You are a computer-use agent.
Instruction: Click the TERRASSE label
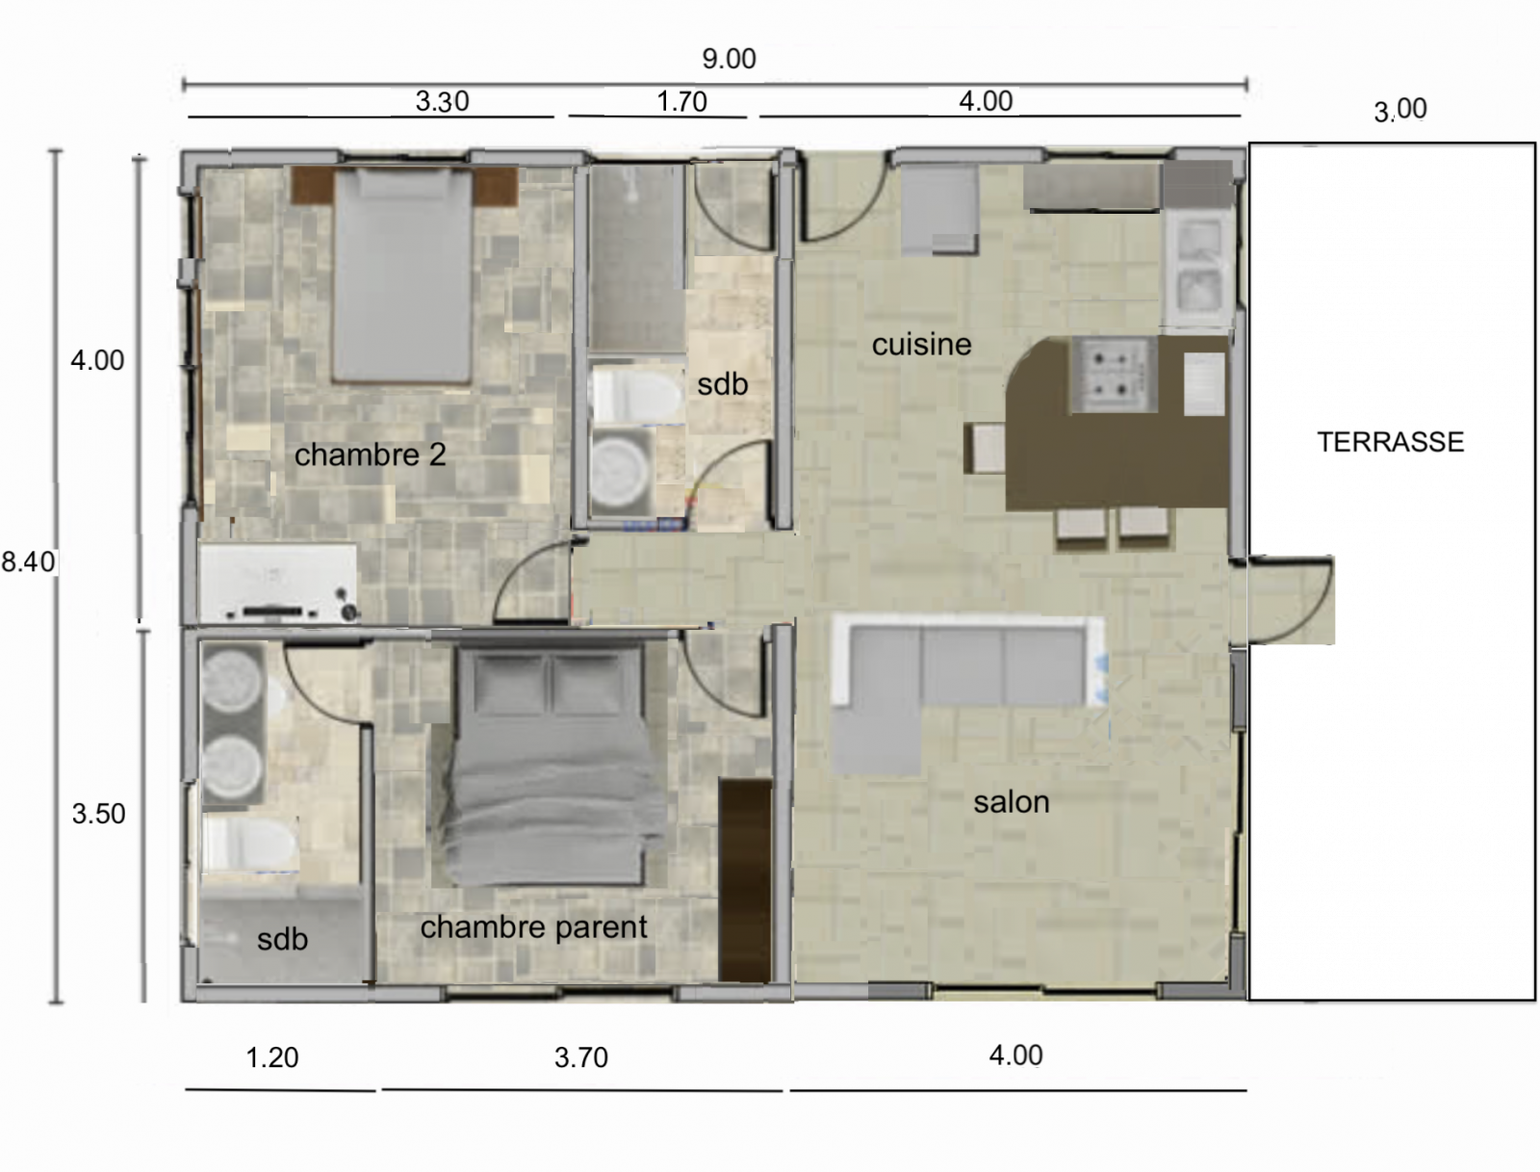(x=1391, y=442)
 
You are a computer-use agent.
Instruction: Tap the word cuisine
(x=921, y=344)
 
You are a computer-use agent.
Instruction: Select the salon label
(x=1011, y=802)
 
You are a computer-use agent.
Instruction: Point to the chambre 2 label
(x=370, y=455)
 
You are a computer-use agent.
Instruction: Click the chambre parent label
(x=533, y=927)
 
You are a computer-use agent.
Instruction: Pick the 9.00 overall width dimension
(x=729, y=59)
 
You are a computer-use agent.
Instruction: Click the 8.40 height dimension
(x=28, y=561)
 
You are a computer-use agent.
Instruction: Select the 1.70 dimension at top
(x=681, y=102)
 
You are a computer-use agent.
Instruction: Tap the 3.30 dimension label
(x=442, y=101)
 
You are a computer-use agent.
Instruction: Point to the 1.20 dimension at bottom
(x=272, y=1056)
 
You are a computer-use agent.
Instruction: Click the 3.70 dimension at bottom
(x=581, y=1056)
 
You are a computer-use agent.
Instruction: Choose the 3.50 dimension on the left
(x=99, y=814)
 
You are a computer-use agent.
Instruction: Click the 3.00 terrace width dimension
(x=1400, y=110)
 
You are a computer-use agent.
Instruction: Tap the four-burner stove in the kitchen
(x=1114, y=374)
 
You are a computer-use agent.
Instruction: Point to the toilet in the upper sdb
(x=636, y=395)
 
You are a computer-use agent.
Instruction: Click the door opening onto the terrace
(x=1290, y=600)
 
